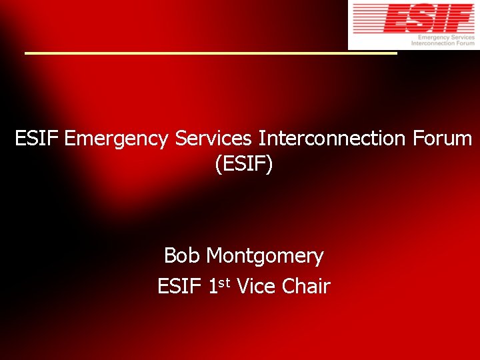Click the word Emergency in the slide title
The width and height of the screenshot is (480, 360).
(117, 139)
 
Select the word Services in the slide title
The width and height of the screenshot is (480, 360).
(213, 139)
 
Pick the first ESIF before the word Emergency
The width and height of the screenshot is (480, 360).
(37, 139)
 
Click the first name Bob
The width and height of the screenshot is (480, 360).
(183, 255)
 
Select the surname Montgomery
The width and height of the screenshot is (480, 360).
(265, 256)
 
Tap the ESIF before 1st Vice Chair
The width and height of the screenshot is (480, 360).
(179, 287)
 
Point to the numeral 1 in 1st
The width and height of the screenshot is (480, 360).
(213, 287)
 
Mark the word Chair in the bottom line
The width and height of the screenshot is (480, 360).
(306, 287)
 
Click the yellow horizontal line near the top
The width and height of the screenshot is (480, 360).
(211, 53)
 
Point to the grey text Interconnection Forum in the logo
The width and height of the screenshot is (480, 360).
(443, 43)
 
